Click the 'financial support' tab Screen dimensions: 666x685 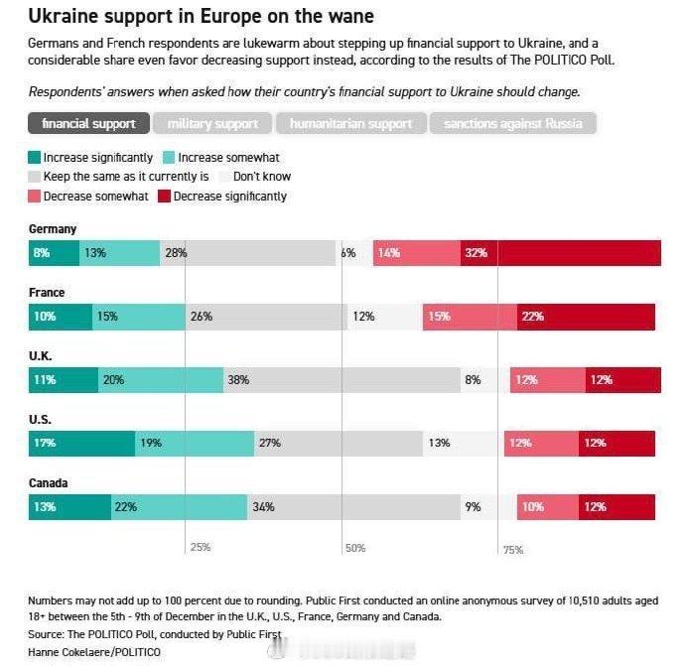[x=89, y=124]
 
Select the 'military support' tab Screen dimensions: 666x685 [x=212, y=124]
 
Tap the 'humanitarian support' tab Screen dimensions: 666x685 [x=350, y=124]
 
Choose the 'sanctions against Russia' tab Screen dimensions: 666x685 [x=512, y=124]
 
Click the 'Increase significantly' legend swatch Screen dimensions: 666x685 [x=35, y=158]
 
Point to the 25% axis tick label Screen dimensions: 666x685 [x=200, y=548]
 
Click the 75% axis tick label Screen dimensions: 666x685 [x=512, y=549]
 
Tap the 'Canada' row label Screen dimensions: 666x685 [x=49, y=483]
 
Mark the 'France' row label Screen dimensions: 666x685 [x=47, y=293]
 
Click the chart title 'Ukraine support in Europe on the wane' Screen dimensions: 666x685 [x=201, y=17]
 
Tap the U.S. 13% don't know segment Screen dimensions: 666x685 [x=466, y=444]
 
